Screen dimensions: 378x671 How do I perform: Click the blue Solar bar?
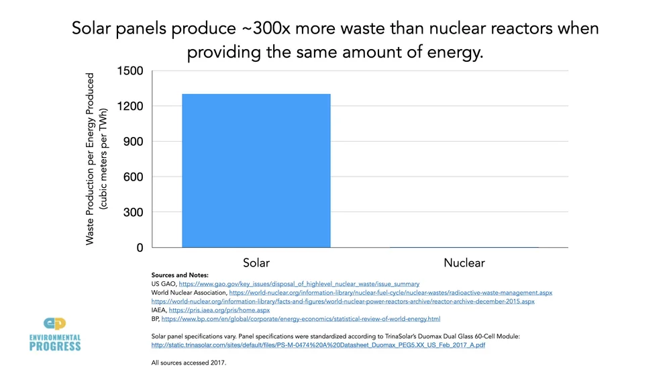pyautogui.click(x=256, y=171)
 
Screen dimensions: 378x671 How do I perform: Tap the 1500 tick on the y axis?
pyautogui.click(x=130, y=71)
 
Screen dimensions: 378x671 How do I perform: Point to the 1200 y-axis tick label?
pyautogui.click(x=130, y=106)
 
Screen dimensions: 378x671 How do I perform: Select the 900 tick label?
pyautogui.click(x=133, y=142)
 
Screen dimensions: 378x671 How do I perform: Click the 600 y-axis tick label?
pyautogui.click(x=133, y=177)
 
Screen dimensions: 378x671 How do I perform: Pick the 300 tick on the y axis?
pyautogui.click(x=133, y=212)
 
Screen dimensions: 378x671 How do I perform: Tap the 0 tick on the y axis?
pyautogui.click(x=140, y=248)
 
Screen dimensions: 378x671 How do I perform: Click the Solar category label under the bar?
pyautogui.click(x=256, y=263)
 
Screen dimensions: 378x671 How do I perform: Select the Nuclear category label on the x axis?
pyautogui.click(x=464, y=263)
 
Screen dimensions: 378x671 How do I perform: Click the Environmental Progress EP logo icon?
pyautogui.click(x=54, y=325)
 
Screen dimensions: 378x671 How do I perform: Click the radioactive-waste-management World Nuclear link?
pyautogui.click(x=391, y=293)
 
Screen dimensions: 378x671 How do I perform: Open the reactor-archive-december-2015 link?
pyautogui.click(x=343, y=301)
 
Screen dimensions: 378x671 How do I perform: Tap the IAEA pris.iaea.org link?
pyautogui.click(x=219, y=310)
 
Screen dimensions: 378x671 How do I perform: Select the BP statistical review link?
pyautogui.click(x=301, y=319)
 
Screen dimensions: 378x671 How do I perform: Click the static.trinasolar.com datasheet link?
pyautogui.click(x=318, y=345)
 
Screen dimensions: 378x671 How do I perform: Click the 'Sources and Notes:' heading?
pyautogui.click(x=180, y=275)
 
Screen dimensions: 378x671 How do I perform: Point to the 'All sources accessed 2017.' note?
pyautogui.click(x=189, y=363)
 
